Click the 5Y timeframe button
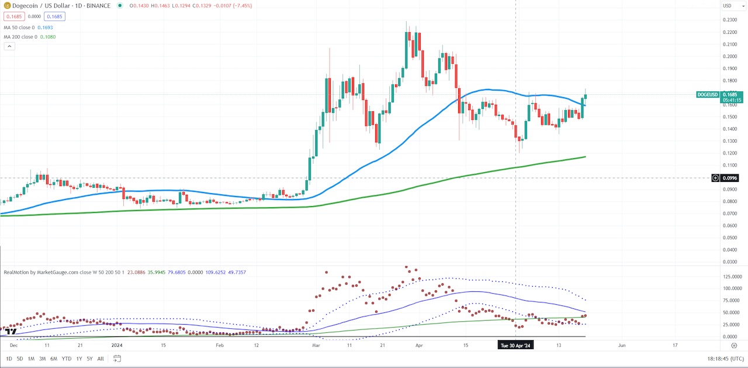(89, 359)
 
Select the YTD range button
(66, 359)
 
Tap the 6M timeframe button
(54, 359)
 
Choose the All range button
(101, 359)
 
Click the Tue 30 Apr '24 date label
(515, 346)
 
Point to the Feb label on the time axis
(220, 346)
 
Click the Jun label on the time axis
(622, 346)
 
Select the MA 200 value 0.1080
(46, 37)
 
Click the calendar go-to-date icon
(117, 359)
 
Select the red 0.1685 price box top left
(12, 17)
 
